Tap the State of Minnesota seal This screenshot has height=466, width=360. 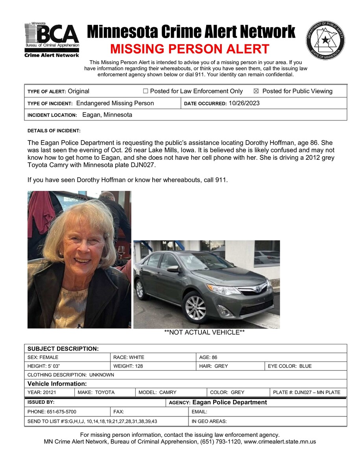tap(325, 41)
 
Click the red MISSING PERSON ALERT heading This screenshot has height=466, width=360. tap(190, 49)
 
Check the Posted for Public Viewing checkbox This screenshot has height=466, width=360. tap(256, 91)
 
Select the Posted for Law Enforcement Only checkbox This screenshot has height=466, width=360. tap(146, 91)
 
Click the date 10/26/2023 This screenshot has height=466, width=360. tap(244, 103)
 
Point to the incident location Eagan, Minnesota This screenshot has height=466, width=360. tap(107, 115)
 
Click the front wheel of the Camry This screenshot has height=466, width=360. tap(196, 307)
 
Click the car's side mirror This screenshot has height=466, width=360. tap(173, 269)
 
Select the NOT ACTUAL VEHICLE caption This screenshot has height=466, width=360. tap(205, 333)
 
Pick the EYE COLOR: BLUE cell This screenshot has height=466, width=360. tap(290, 366)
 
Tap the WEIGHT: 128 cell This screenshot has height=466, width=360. tap(129, 366)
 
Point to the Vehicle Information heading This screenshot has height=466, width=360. tap(57, 384)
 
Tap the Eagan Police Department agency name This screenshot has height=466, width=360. tap(229, 402)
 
